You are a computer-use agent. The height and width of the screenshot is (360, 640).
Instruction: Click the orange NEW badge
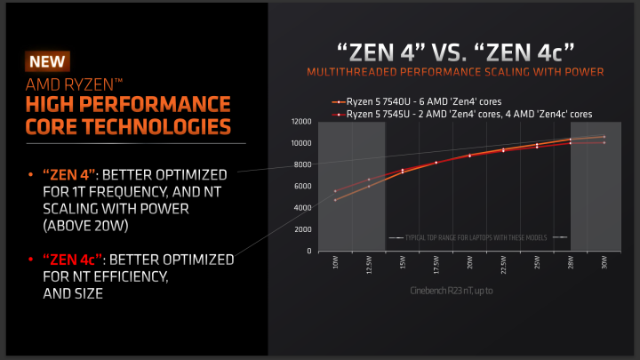tap(47, 62)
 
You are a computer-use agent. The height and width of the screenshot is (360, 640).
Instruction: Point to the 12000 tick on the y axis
tap(300, 122)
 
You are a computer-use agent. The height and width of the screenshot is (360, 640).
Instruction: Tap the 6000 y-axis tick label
tap(302, 187)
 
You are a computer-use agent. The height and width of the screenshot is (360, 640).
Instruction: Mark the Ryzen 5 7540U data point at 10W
tap(335, 200)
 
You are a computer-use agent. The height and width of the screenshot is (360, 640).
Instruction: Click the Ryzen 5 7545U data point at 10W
tap(335, 191)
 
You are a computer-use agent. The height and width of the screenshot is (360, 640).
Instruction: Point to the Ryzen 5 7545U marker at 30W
tap(604, 142)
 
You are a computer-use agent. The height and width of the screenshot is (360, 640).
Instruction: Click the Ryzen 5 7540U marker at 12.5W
tap(369, 186)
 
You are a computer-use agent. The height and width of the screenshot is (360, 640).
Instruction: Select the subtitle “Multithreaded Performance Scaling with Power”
tap(454, 71)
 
